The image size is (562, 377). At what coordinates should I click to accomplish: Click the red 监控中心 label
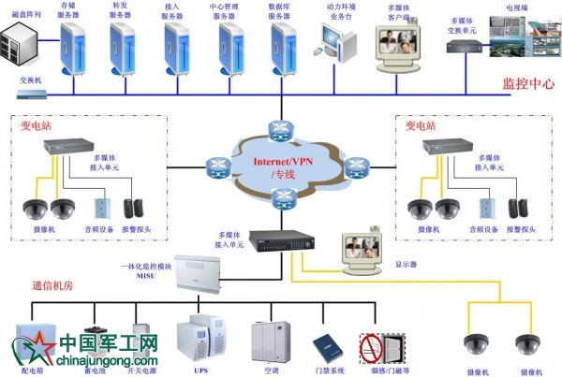pos(528,83)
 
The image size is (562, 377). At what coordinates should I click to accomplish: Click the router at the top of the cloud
pos(278,127)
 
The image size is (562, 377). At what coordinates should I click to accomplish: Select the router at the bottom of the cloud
pos(278,197)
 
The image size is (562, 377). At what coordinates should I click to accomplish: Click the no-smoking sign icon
pos(373,347)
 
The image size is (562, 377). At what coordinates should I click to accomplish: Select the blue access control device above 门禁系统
pos(324,345)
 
